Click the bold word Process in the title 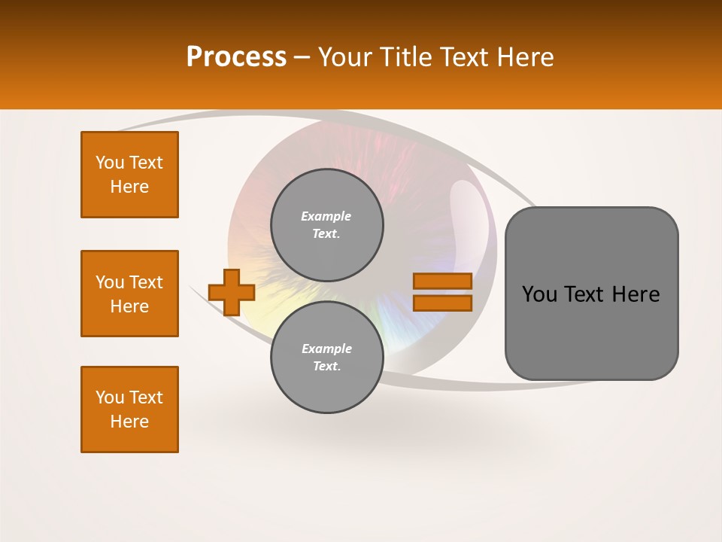[x=236, y=57]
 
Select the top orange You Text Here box [x=129, y=175]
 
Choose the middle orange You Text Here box [x=129, y=294]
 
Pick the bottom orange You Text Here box [x=129, y=410]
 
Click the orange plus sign [x=232, y=292]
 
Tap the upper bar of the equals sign [x=442, y=281]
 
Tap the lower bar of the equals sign [x=442, y=303]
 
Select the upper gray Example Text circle [x=326, y=225]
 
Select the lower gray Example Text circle [x=326, y=358]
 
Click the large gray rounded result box [x=591, y=331]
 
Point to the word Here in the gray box [x=636, y=294]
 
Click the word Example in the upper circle [x=326, y=216]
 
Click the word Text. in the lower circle [x=326, y=367]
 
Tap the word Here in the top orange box [x=129, y=187]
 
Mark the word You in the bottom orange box [x=110, y=397]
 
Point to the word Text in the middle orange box [x=146, y=282]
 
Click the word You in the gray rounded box [x=539, y=294]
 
